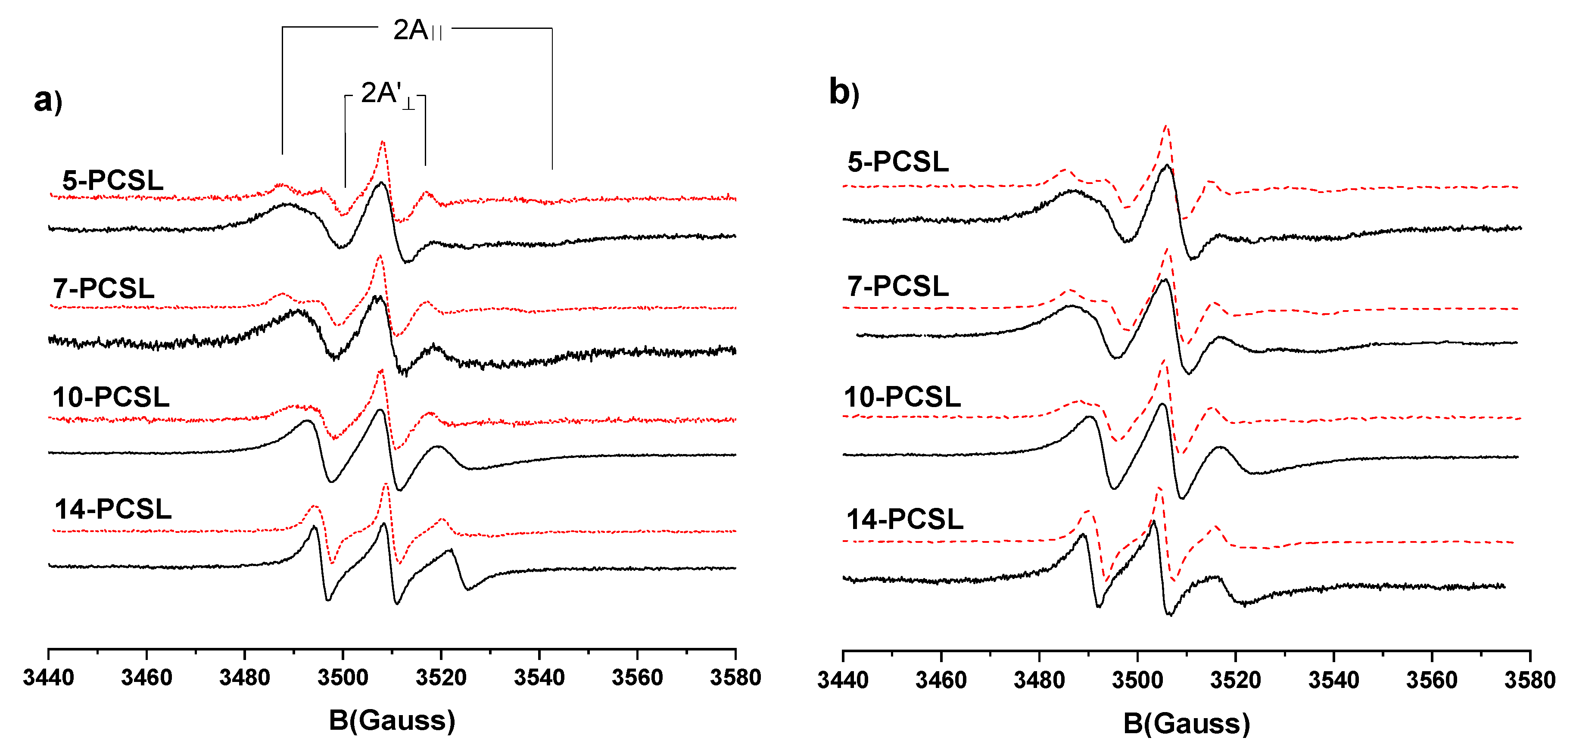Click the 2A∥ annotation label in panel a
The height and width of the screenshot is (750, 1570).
[417, 31]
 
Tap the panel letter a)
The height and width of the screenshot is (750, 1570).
[47, 100]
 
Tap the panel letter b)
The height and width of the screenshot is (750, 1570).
[844, 93]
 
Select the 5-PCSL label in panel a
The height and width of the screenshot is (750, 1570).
[113, 180]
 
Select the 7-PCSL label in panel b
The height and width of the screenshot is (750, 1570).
[898, 286]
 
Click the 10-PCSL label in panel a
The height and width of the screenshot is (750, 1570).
[111, 397]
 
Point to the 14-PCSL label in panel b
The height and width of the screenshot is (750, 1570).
[904, 520]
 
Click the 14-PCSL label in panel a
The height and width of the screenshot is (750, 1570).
[113, 509]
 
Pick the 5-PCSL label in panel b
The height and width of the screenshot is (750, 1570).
[898, 162]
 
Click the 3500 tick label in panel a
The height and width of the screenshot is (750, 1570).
[343, 678]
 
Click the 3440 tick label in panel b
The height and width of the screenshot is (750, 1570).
[842, 680]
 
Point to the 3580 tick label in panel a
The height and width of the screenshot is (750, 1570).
[735, 678]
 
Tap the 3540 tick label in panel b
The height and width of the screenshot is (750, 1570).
[1333, 680]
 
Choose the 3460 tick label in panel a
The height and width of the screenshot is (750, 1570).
[146, 678]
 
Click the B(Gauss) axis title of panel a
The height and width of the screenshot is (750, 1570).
[392, 721]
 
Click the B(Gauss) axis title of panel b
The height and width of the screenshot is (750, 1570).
[1186, 724]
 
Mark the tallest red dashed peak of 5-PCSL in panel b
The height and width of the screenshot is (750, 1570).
[1166, 127]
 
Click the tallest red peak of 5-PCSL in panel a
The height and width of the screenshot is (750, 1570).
[383, 142]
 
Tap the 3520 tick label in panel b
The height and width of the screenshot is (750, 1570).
[1235, 680]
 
